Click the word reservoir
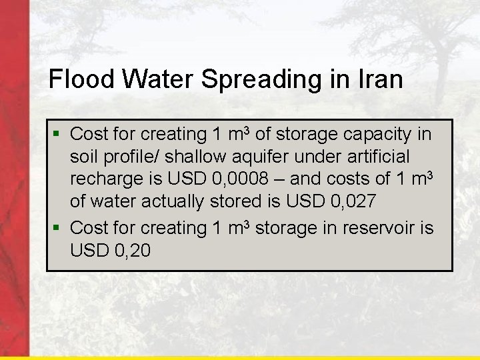coord(381,227)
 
